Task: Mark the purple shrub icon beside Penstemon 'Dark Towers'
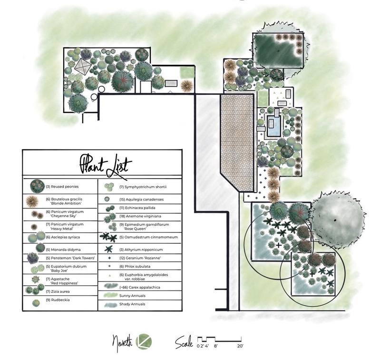click(32, 258)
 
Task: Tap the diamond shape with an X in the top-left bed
click(82, 67)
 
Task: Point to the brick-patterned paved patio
click(237, 138)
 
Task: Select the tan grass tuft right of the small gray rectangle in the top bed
click(187, 86)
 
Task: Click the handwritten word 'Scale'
click(184, 341)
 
